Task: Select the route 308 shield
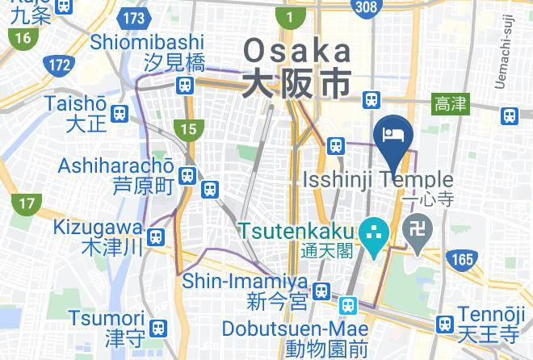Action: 365,7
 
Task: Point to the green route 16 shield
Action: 22,37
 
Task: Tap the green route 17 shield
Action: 27,204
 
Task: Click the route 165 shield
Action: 462,259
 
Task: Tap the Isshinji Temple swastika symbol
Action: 418,235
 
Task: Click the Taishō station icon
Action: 120,114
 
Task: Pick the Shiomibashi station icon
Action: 186,84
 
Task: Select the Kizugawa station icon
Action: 157,237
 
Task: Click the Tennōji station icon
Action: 443,324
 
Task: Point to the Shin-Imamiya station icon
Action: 321,290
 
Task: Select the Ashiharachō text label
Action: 115,165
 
